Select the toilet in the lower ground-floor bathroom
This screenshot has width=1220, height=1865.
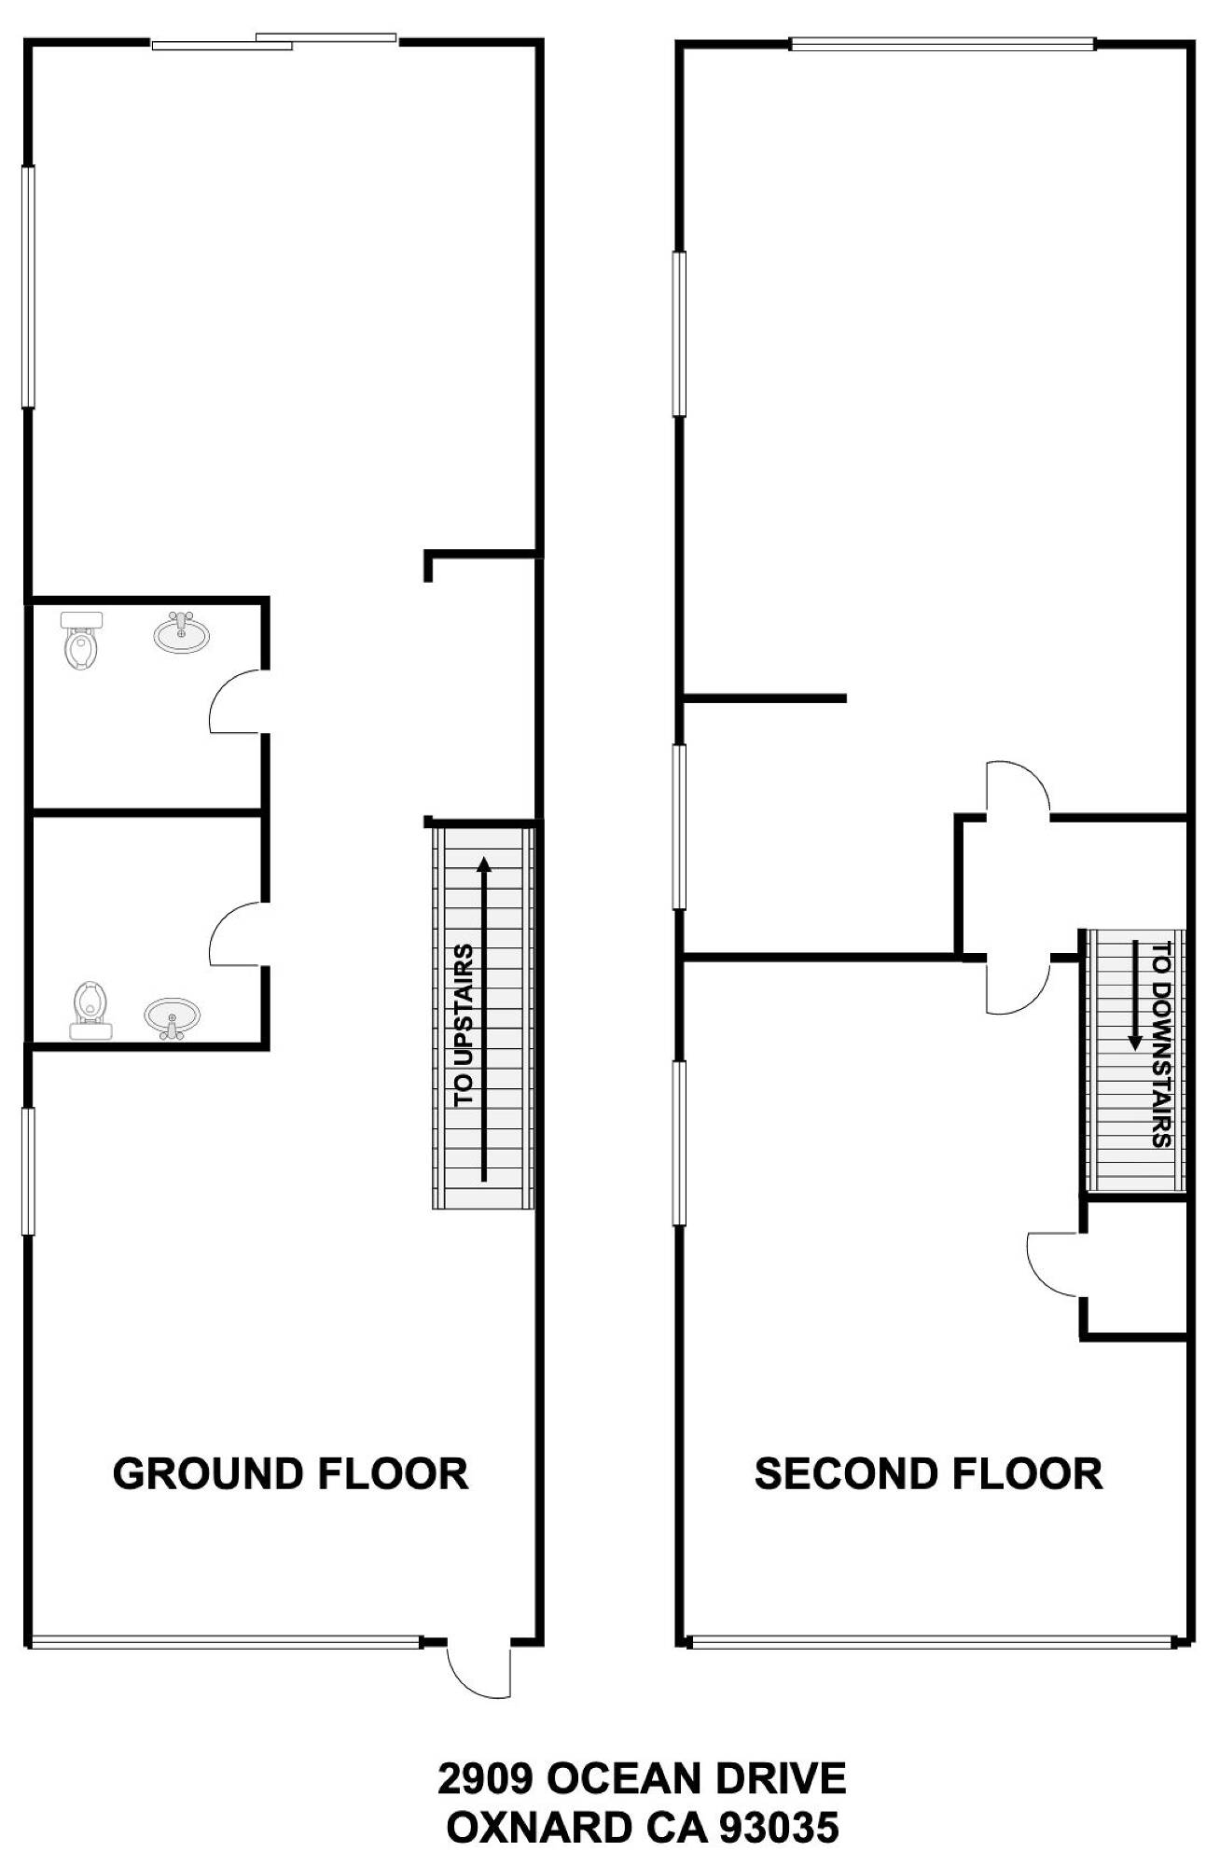coord(90,1010)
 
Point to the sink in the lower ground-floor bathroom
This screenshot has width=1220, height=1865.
coord(173,1018)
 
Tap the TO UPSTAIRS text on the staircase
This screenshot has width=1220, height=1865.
coord(464,1026)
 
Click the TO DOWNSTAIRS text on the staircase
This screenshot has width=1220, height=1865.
coord(1161,1044)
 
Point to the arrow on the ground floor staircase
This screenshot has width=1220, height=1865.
coord(484,1018)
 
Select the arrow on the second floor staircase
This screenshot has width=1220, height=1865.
coord(1135,995)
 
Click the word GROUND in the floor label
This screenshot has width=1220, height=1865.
coord(208,1474)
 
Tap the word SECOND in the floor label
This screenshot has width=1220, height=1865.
coord(839,1474)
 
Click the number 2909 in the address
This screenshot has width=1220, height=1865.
coord(485,1779)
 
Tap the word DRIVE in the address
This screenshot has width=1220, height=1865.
coord(780,1779)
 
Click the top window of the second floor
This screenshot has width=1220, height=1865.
coord(943,42)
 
